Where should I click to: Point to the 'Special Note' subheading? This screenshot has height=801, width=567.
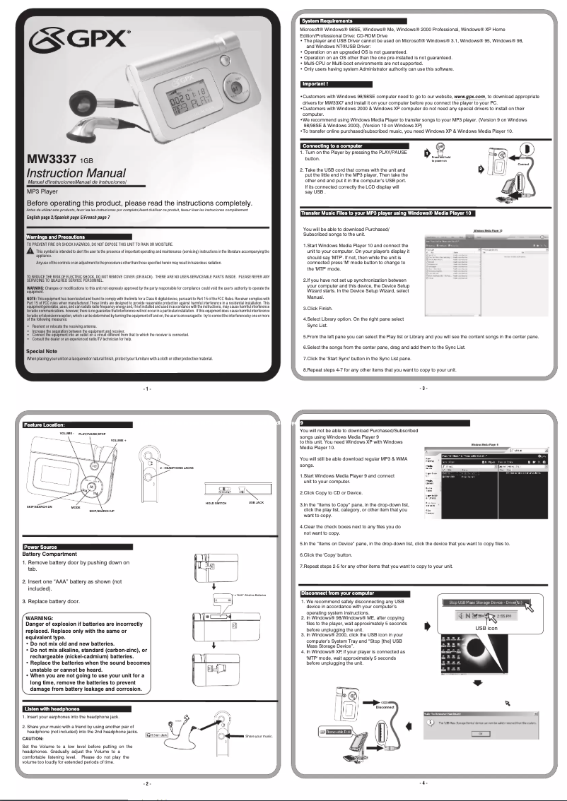coord(42,351)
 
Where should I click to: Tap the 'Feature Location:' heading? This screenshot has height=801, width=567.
coord(45,425)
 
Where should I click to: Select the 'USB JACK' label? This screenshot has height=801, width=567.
coord(256,502)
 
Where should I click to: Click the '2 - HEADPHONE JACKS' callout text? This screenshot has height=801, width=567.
coord(176,468)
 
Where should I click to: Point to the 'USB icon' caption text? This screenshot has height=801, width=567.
coord(486,627)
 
